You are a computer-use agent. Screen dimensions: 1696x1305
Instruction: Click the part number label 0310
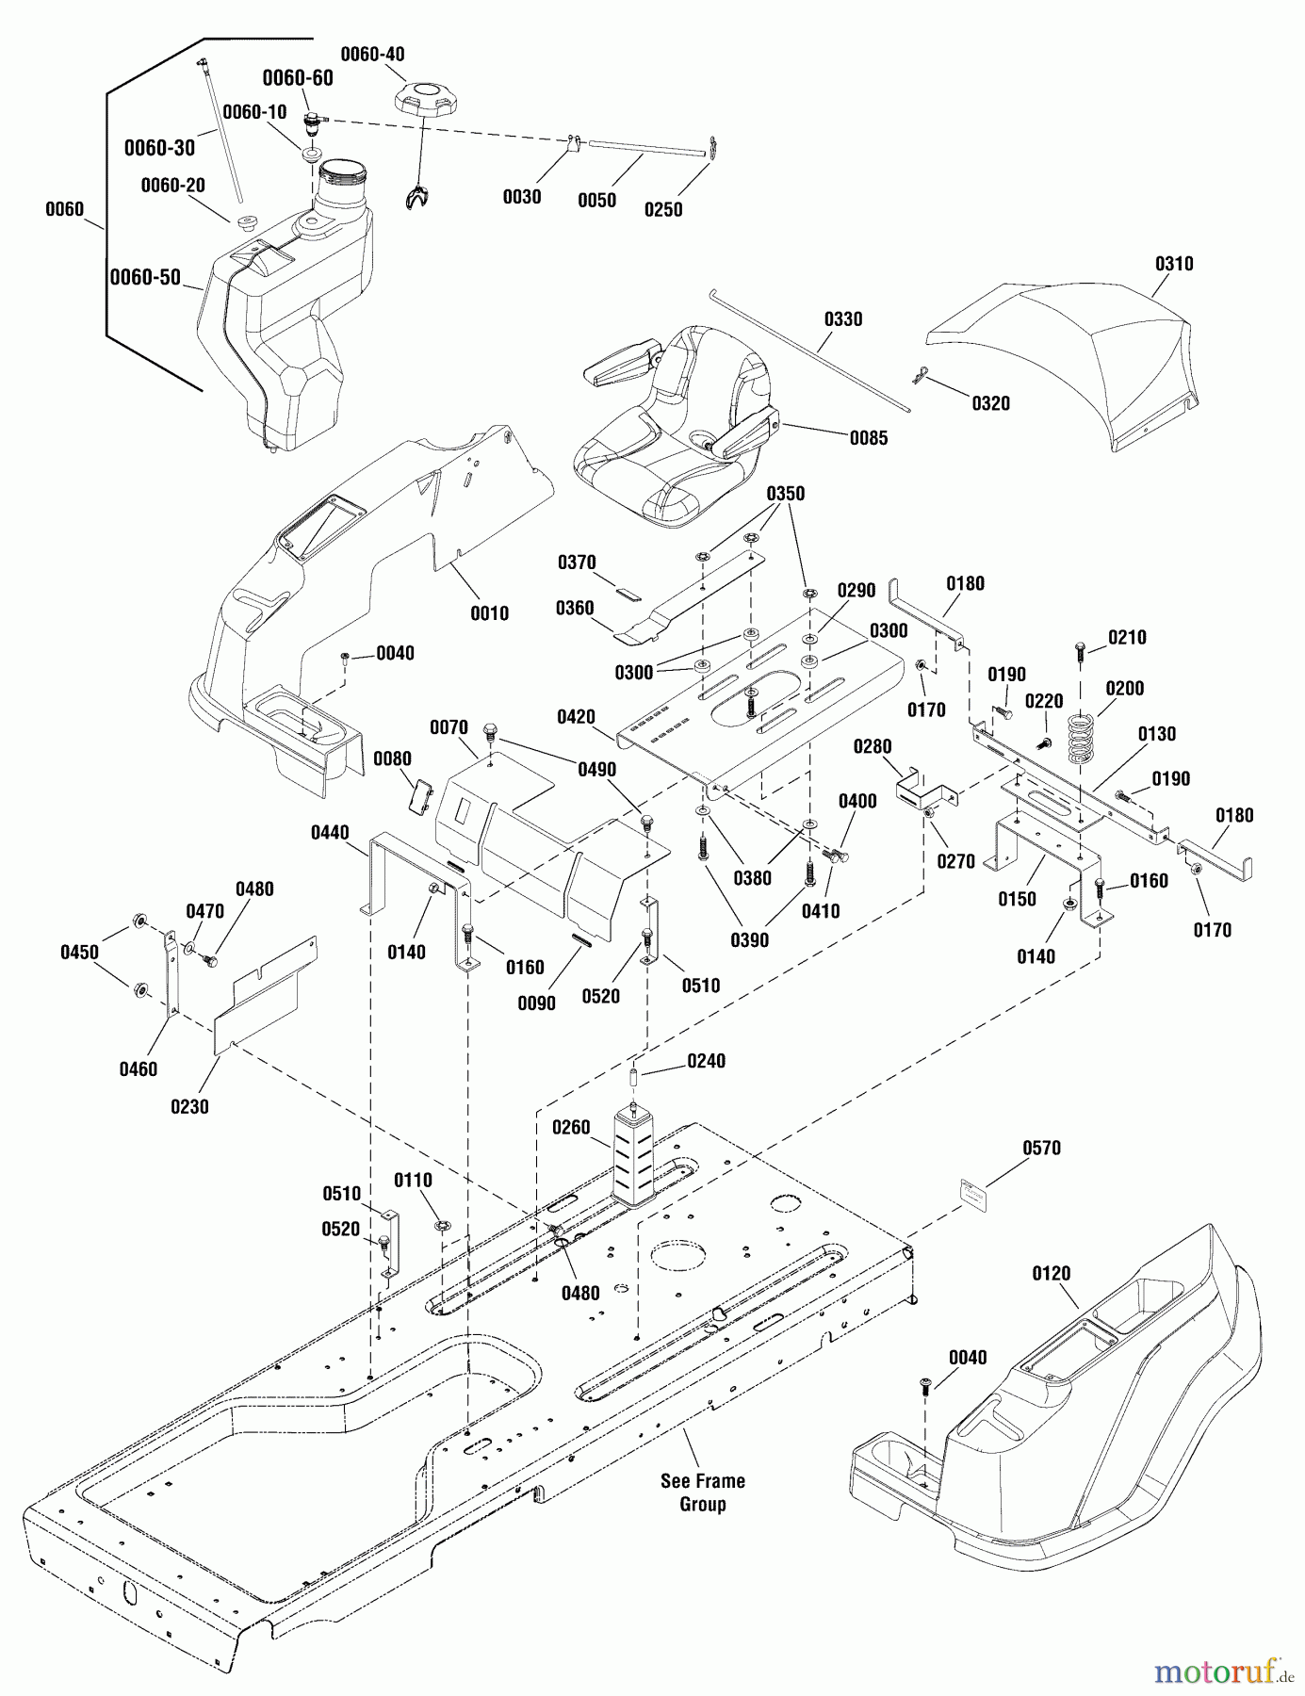click(1173, 264)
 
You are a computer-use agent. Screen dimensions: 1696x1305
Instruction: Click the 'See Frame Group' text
click(702, 1492)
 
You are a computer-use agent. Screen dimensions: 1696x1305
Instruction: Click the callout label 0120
click(1052, 1274)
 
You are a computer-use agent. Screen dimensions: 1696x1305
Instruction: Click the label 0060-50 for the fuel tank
click(145, 277)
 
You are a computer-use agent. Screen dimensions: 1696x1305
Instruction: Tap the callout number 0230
click(189, 1107)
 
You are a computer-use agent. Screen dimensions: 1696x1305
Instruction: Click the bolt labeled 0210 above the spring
click(1080, 649)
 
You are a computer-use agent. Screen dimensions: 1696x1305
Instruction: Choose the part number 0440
click(330, 832)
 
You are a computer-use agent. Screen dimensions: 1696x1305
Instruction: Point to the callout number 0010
click(489, 613)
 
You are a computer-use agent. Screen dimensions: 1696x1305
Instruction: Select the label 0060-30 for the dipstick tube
click(159, 148)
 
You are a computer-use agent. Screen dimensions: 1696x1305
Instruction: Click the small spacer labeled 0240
click(638, 1075)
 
